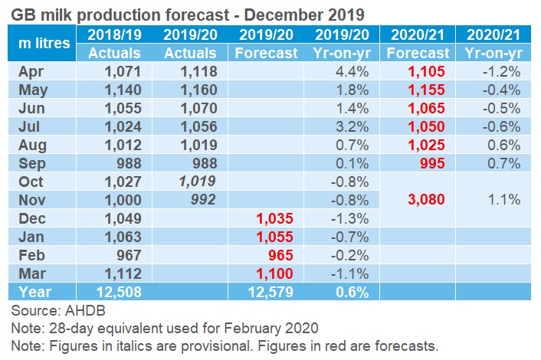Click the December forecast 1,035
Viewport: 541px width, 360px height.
pyautogui.click(x=275, y=218)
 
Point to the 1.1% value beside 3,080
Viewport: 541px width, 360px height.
pyautogui.click(x=505, y=200)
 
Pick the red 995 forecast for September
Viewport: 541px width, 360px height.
pyautogui.click(x=433, y=163)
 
